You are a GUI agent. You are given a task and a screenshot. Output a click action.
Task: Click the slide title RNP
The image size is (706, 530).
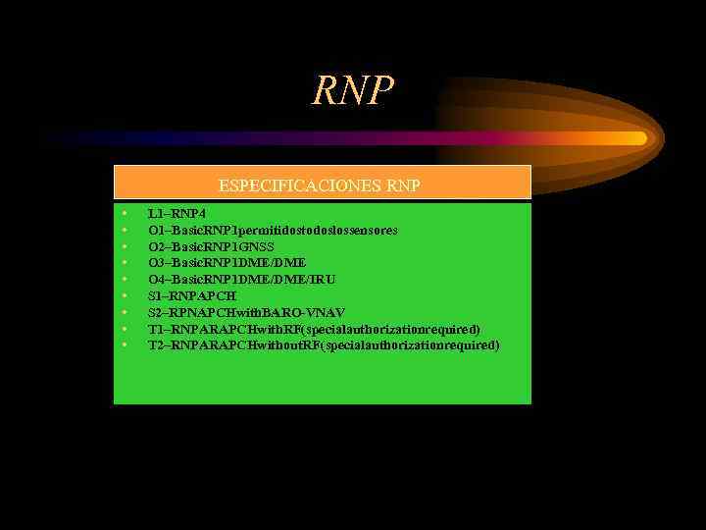pyautogui.click(x=353, y=90)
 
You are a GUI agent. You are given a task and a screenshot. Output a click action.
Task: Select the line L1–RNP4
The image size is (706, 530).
pyautogui.click(x=176, y=213)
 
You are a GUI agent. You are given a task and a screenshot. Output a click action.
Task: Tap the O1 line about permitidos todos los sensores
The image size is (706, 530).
pyautogui.click(x=273, y=230)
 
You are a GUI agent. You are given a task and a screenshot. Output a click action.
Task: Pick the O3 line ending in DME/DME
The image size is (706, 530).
pyautogui.click(x=227, y=263)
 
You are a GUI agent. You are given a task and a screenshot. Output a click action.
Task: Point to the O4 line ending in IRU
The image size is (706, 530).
pyautogui.click(x=241, y=280)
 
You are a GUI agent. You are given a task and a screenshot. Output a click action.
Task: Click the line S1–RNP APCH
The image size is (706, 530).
pyautogui.click(x=192, y=295)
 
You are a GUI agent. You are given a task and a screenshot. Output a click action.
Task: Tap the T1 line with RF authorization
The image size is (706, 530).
pyautogui.click(x=314, y=329)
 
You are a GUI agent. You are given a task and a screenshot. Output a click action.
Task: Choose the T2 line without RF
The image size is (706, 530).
pyautogui.click(x=324, y=345)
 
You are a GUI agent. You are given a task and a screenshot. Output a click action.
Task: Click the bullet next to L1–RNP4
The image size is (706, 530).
pyautogui.click(x=126, y=213)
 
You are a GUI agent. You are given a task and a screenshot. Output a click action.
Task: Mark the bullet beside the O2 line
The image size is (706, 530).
pyautogui.click(x=126, y=246)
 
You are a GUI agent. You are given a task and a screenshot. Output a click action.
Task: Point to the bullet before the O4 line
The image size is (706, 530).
pyautogui.click(x=126, y=280)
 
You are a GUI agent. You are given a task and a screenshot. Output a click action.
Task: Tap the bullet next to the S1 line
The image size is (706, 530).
pyautogui.click(x=126, y=295)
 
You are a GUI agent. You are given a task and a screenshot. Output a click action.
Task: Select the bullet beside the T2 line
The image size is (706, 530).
pyautogui.click(x=126, y=345)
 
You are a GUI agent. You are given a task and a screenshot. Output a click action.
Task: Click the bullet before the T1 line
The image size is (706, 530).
pyautogui.click(x=126, y=329)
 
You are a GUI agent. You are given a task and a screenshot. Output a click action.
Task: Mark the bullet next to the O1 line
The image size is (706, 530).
pyautogui.click(x=126, y=230)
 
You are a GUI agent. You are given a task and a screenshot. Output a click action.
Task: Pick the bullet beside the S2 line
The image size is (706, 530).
pyautogui.click(x=126, y=312)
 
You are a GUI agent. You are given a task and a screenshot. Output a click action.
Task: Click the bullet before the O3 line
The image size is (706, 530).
pyautogui.click(x=126, y=263)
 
